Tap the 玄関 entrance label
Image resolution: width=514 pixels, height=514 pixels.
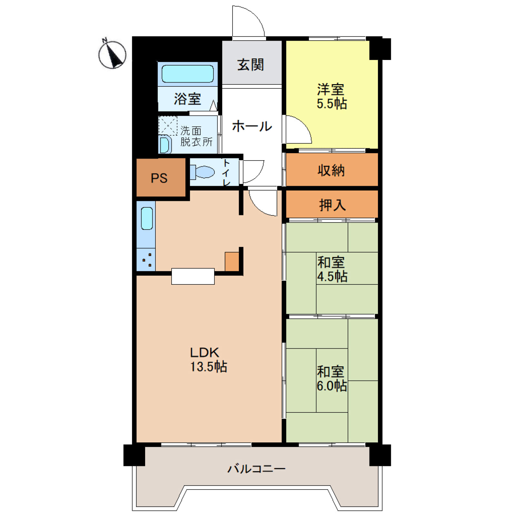[x=251, y=65]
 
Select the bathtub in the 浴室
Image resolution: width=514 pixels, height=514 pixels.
[x=188, y=74]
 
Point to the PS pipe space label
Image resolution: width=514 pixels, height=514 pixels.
[x=159, y=178]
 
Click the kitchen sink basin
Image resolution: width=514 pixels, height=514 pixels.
[x=147, y=218]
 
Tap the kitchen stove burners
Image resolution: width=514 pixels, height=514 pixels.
[x=147, y=260]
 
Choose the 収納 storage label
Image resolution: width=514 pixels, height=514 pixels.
[x=331, y=170]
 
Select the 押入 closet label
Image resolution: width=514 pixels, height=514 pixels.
[x=332, y=205]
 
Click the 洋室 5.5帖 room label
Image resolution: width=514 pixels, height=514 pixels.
[x=331, y=96]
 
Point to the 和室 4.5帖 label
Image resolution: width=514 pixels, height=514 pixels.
[x=332, y=269]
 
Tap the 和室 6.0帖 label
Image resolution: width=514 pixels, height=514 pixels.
[x=331, y=379]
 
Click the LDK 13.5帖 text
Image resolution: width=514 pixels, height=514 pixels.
[x=208, y=360]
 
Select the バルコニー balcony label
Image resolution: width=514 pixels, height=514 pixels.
[x=257, y=469]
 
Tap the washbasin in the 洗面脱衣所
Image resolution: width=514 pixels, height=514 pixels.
[x=165, y=144]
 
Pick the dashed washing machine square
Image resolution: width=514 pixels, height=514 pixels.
[x=168, y=126]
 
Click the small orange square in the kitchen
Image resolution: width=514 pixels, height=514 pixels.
[x=232, y=262]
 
